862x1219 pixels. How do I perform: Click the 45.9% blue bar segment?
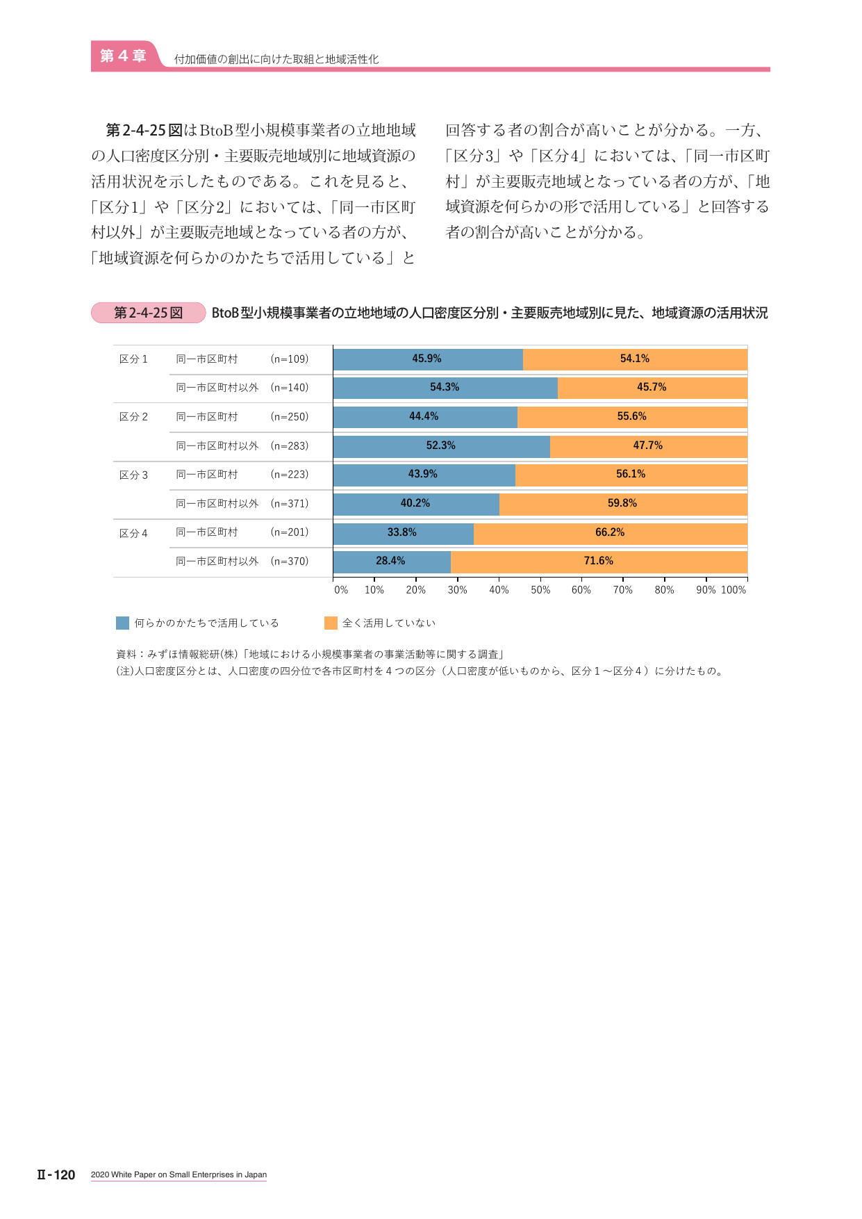click(x=428, y=359)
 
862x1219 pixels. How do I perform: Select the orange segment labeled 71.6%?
click(x=599, y=562)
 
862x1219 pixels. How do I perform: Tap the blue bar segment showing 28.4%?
click(x=392, y=562)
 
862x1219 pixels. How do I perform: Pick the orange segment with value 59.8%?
click(x=623, y=504)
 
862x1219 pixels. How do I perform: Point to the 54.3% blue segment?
click(x=445, y=388)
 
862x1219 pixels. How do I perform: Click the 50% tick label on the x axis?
click(x=540, y=590)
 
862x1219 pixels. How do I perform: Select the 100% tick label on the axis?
click(x=733, y=590)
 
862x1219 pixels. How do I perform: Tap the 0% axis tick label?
click(x=341, y=590)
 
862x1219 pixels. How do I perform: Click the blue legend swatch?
click(x=122, y=623)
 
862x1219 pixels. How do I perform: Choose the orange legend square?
click(x=331, y=623)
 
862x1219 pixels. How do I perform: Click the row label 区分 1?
click(x=133, y=359)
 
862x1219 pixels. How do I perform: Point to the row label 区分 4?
click(x=133, y=534)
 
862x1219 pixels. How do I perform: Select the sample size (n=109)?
click(x=290, y=359)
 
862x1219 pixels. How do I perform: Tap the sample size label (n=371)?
click(x=290, y=504)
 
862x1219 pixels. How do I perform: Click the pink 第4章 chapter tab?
click(x=123, y=56)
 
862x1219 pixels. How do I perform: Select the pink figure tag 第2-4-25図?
click(x=149, y=313)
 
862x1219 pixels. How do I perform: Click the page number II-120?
click(x=56, y=1175)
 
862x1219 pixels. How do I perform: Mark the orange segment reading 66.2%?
click(x=611, y=533)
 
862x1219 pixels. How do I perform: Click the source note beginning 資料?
click(x=310, y=655)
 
